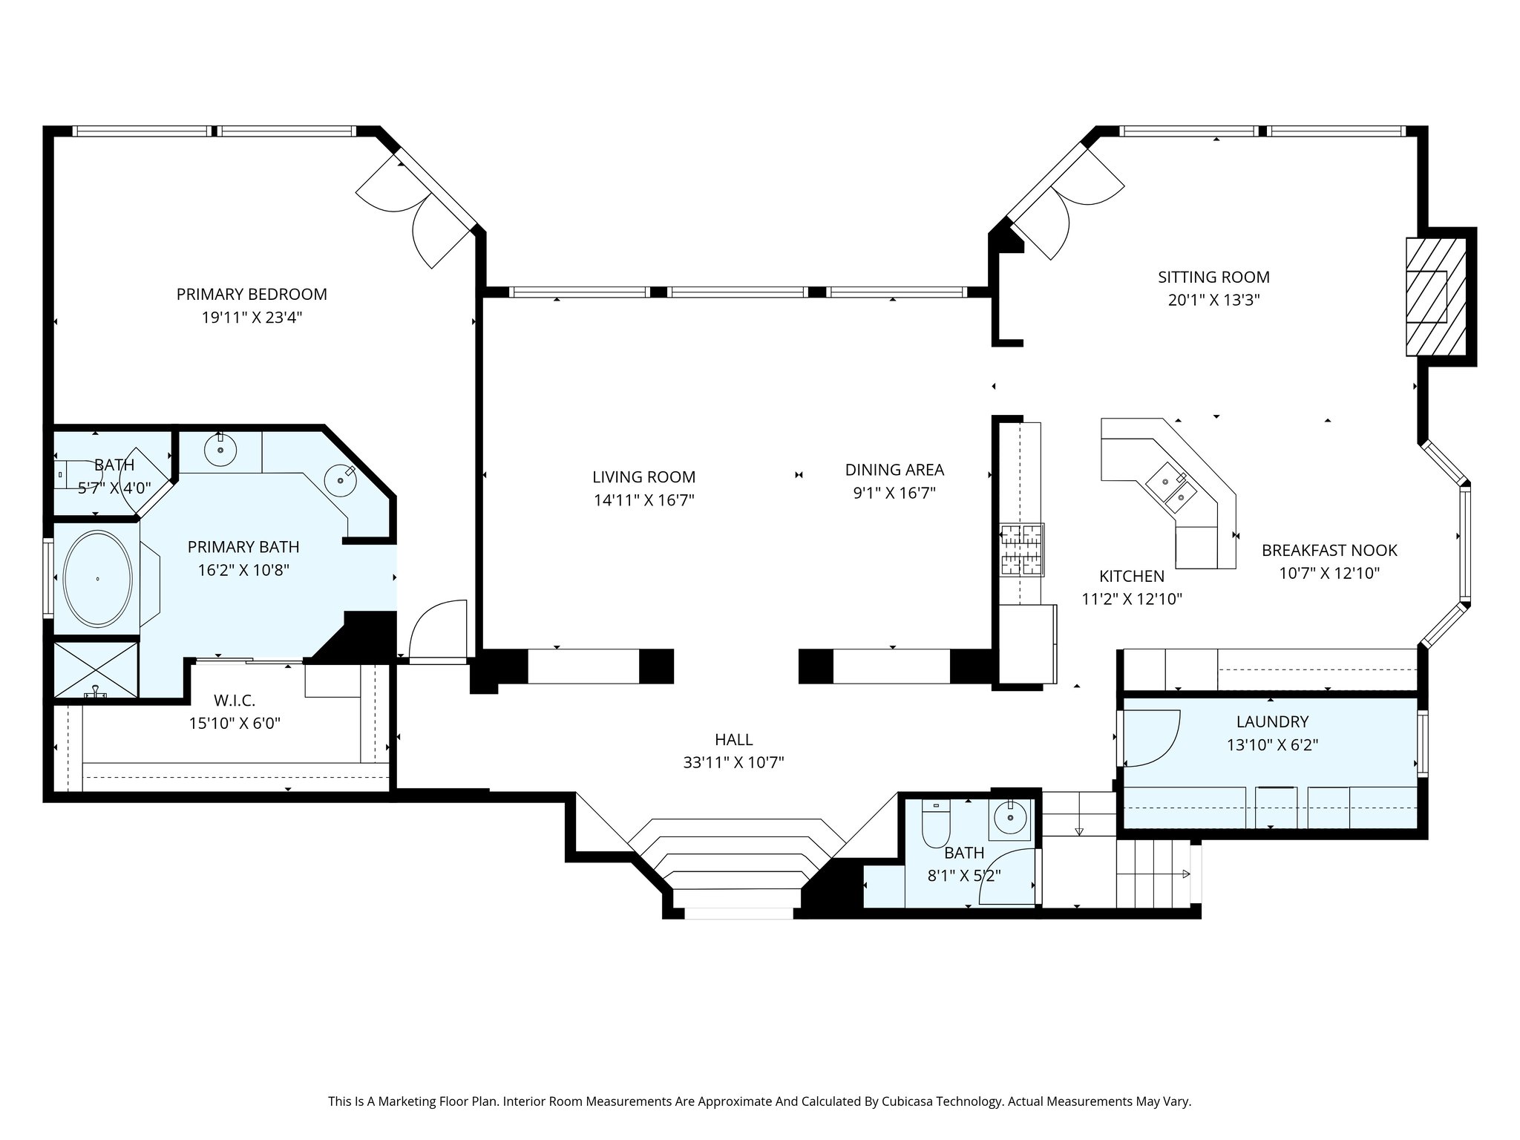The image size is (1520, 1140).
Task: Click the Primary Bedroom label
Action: (252, 294)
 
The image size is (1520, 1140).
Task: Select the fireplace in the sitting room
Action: (1436, 297)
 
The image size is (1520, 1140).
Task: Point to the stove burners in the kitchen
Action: (1022, 550)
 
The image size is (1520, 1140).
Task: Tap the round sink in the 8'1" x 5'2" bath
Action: (1010, 819)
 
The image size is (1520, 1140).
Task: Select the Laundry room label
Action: (1272, 721)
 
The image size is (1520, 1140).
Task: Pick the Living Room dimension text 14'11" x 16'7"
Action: (643, 500)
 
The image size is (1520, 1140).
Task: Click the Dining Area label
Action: (894, 470)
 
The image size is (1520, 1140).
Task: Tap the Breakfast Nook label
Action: (1329, 551)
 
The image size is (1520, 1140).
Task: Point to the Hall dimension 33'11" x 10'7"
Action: (733, 762)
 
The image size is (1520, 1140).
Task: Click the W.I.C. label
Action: (235, 700)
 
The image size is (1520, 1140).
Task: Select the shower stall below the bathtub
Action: (96, 669)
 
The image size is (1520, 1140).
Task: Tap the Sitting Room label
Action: (1213, 278)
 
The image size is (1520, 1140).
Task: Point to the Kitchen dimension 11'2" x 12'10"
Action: (1132, 599)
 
